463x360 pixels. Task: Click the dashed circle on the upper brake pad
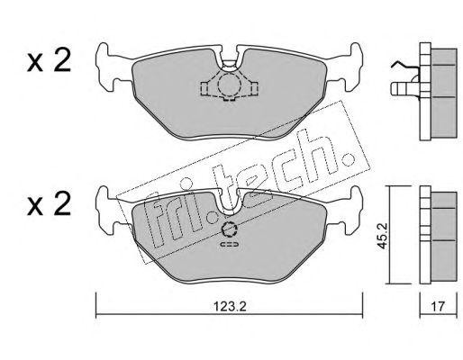point(227,86)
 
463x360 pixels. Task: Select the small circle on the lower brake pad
point(229,229)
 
